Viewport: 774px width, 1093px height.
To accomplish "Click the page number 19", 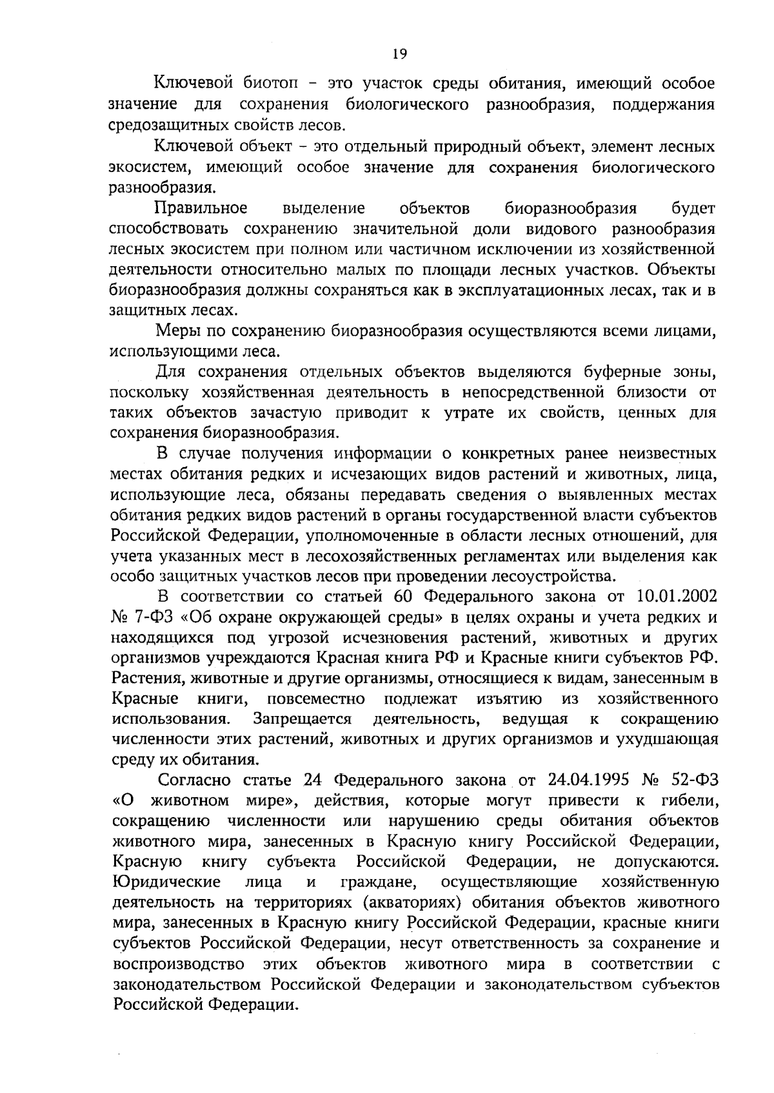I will click(399, 54).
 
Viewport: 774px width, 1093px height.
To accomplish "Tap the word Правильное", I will click(201, 208).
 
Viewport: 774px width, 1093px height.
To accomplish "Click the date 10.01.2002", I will click(677, 596).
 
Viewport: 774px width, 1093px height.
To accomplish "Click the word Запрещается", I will click(303, 719).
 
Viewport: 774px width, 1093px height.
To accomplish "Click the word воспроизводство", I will click(179, 964).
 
